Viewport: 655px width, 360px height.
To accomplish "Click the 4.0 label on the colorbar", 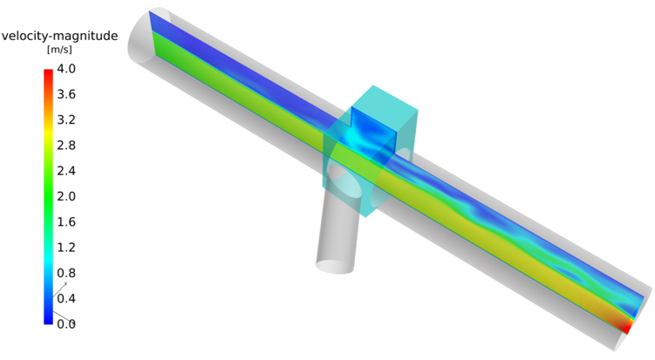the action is click(66, 69).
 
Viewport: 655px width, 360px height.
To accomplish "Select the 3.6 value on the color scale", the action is click(66, 94).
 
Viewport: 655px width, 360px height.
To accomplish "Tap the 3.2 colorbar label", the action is click(66, 119).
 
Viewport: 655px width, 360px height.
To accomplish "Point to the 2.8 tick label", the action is click(66, 145).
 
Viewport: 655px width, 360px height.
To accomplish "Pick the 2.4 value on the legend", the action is click(66, 170).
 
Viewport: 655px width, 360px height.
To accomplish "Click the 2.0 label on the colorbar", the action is click(66, 196).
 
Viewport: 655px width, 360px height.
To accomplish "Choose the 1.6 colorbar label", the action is click(66, 221).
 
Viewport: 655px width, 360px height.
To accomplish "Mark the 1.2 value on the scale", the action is click(66, 247).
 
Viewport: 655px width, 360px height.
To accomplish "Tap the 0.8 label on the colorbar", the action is click(66, 272).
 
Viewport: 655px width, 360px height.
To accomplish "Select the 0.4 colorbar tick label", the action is click(66, 298).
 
